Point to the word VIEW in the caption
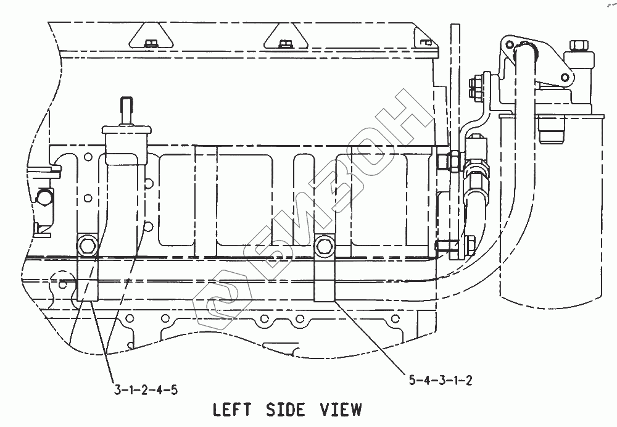tap(340, 409)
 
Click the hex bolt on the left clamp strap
tap(86, 247)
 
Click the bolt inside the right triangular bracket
tap(284, 43)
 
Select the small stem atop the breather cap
tap(125, 109)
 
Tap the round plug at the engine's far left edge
tap(44, 198)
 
